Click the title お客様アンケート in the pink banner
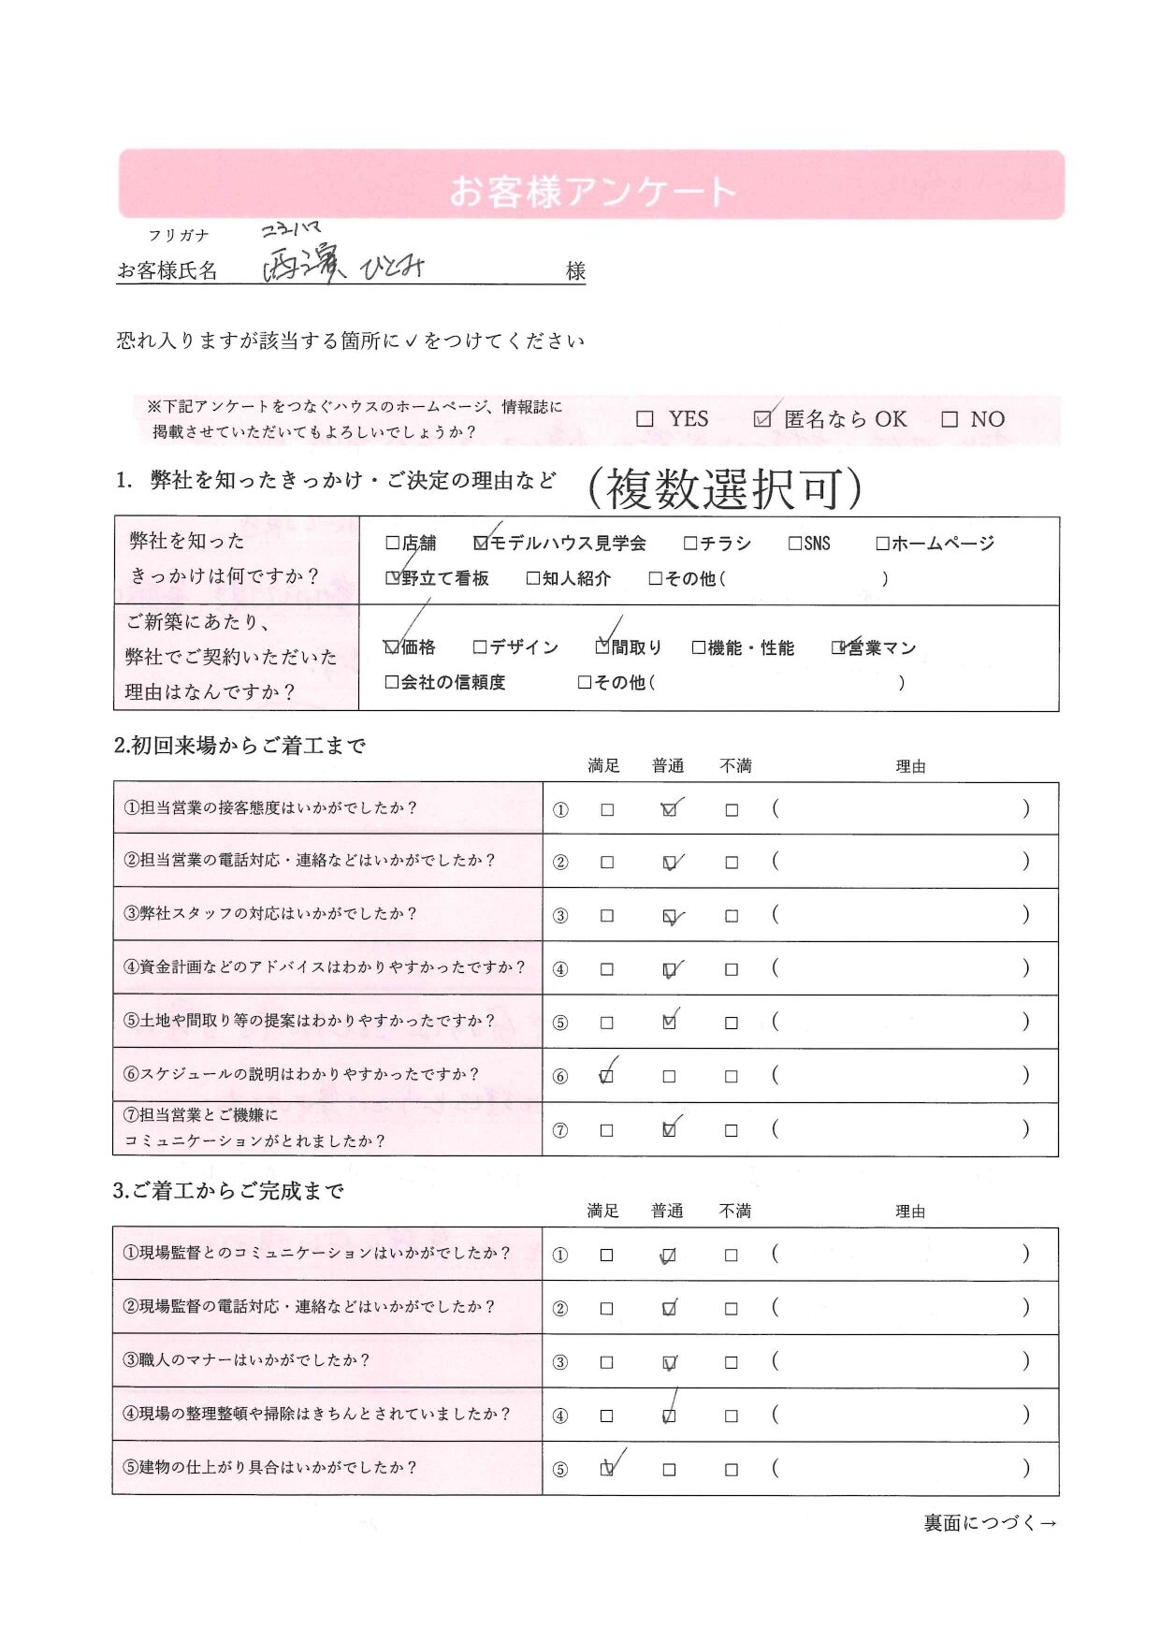(592, 191)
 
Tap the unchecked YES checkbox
(645, 419)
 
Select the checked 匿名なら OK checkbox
(762, 419)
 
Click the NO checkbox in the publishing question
(950, 419)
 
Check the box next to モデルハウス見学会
(481, 543)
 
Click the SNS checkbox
(795, 543)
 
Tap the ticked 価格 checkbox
(392, 647)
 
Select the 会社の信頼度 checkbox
(392, 683)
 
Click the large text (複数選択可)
(724, 488)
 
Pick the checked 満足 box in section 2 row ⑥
(606, 1076)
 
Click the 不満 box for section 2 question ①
(732, 810)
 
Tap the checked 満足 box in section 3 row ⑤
(606, 1469)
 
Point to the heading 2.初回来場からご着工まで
(239, 746)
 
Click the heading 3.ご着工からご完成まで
(228, 1191)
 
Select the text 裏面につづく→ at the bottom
(990, 1523)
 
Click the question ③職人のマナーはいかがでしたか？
(247, 1360)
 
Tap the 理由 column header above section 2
(910, 766)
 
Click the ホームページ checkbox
(882, 543)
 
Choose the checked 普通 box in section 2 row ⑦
(669, 1130)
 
